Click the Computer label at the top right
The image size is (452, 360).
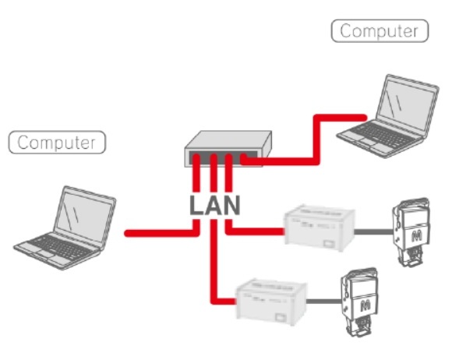coord(380,31)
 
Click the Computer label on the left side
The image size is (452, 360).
coord(57,143)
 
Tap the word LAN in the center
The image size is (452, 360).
coord(215,205)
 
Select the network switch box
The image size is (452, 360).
coord(228,149)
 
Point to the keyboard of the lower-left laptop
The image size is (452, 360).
coord(60,247)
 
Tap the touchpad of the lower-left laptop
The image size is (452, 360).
coord(44,255)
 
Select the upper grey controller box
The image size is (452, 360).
coord(320,228)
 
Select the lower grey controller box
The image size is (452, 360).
coord(271,302)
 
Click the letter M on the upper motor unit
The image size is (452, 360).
coord(417,236)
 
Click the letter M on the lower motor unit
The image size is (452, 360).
coord(365,305)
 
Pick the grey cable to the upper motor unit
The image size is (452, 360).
coord(373,231)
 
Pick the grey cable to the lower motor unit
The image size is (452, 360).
coord(323,302)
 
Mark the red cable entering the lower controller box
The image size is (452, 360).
coord(214,259)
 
